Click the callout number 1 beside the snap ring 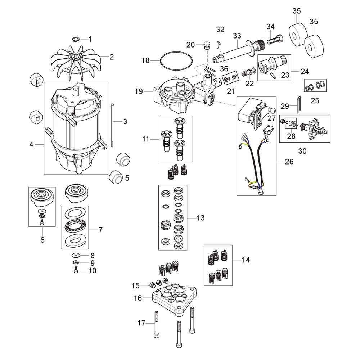90,39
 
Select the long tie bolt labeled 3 112,125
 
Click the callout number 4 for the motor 31,144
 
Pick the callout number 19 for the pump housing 139,91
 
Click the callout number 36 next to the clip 224,69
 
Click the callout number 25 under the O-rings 315,100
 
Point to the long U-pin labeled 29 298,104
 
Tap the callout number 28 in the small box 291,136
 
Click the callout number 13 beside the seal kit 201,218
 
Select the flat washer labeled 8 75,255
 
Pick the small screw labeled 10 76,271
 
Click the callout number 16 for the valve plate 138,298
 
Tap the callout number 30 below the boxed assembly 302,151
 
